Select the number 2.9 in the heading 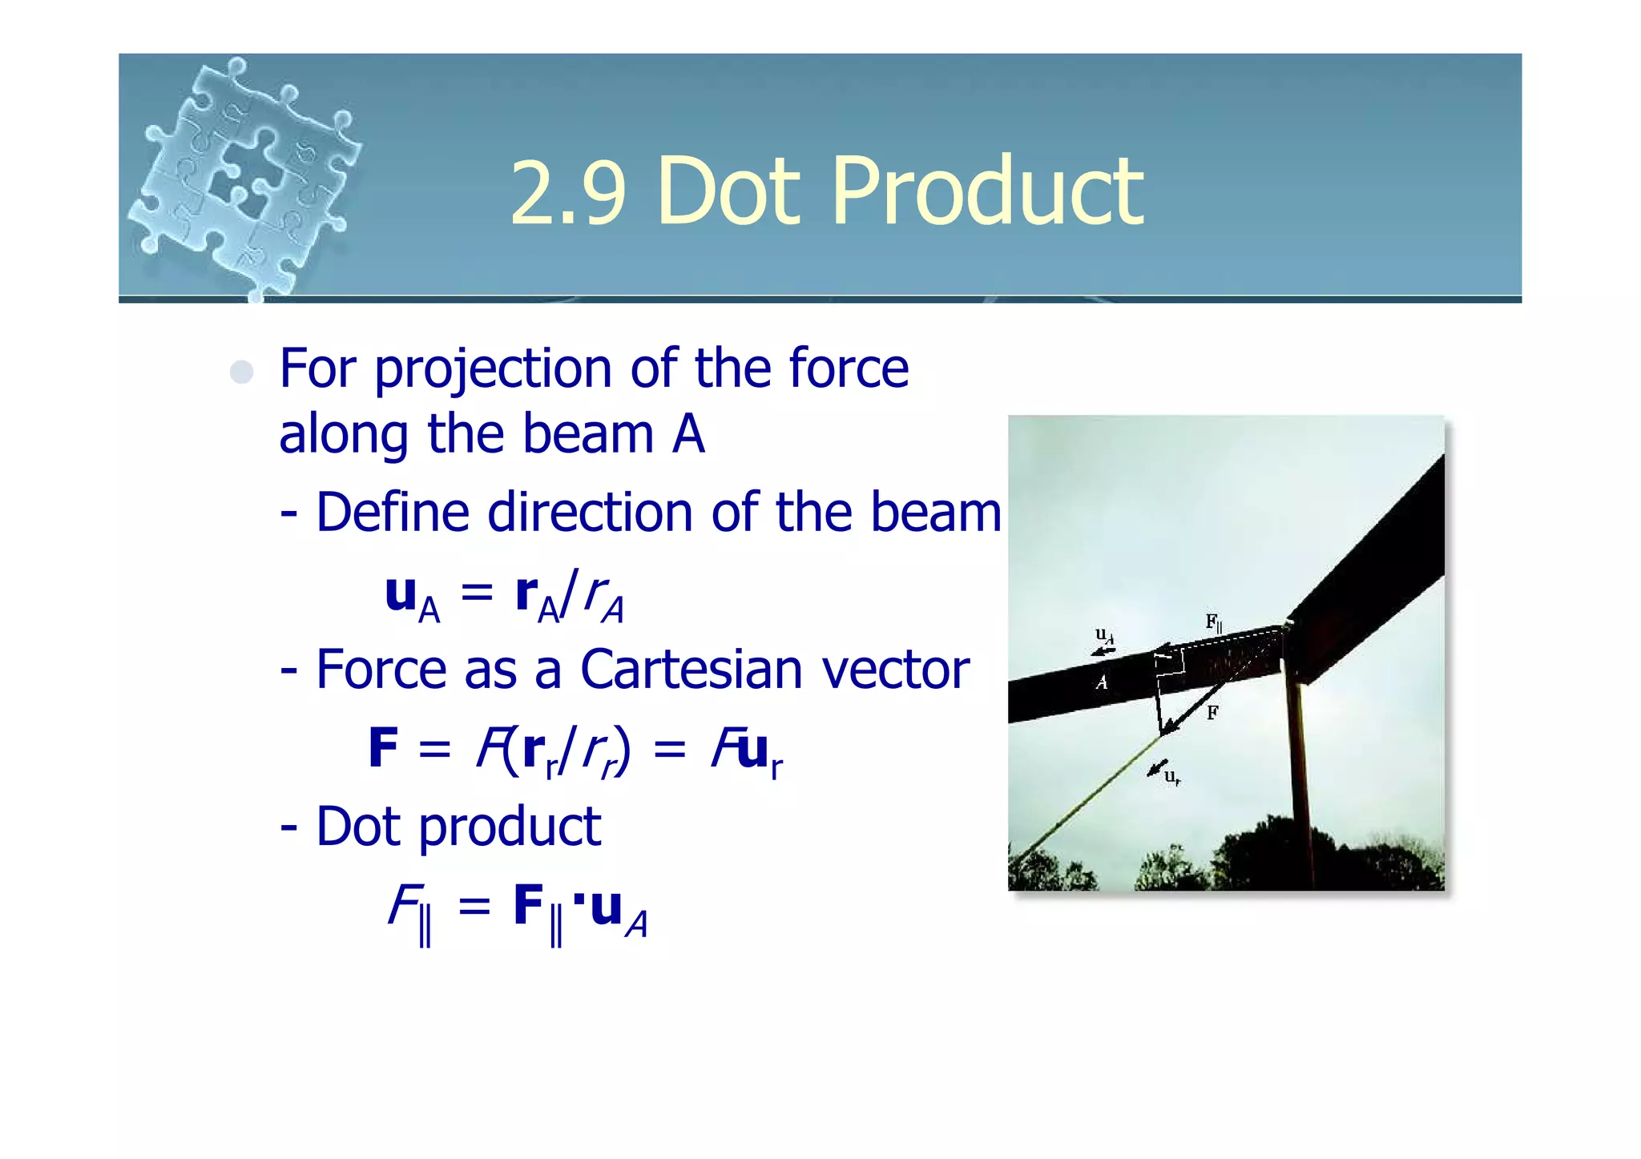click(x=566, y=192)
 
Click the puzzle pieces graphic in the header click(x=244, y=176)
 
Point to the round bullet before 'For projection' click(x=241, y=372)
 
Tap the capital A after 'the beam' click(x=688, y=434)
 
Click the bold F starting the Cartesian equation click(x=383, y=747)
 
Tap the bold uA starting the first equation click(x=411, y=598)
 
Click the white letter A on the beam click(x=1102, y=682)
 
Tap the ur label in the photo click(x=1172, y=776)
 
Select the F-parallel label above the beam click(x=1214, y=622)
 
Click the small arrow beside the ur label click(x=1156, y=768)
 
